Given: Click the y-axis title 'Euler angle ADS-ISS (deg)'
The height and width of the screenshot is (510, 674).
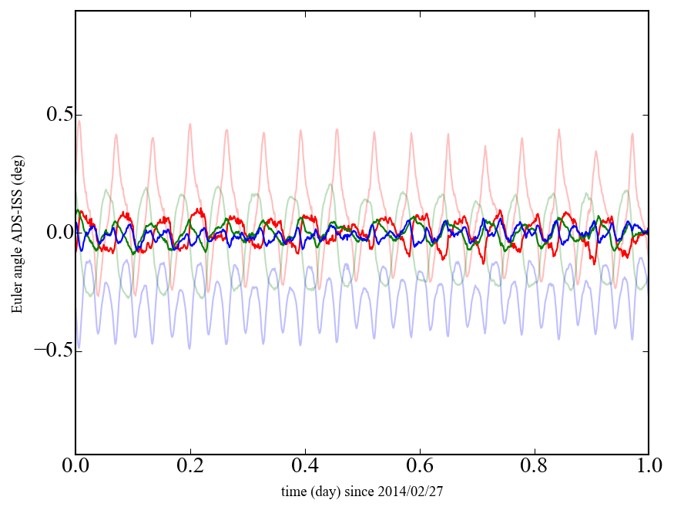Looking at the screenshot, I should pyautogui.click(x=17, y=233).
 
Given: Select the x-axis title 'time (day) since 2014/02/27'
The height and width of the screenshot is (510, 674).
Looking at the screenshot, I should pyautogui.click(x=362, y=491).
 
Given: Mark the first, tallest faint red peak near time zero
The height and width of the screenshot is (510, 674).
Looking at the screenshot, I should pyautogui.click(x=79, y=121).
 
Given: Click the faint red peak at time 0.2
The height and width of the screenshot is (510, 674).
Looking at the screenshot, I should pyautogui.click(x=190, y=123).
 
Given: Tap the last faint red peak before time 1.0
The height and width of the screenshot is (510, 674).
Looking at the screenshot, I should pyautogui.click(x=633, y=134).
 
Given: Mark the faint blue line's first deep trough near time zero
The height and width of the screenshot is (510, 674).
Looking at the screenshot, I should pyautogui.click(x=79, y=348).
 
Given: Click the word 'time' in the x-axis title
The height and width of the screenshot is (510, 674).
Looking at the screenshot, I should pyautogui.click(x=293, y=491).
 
